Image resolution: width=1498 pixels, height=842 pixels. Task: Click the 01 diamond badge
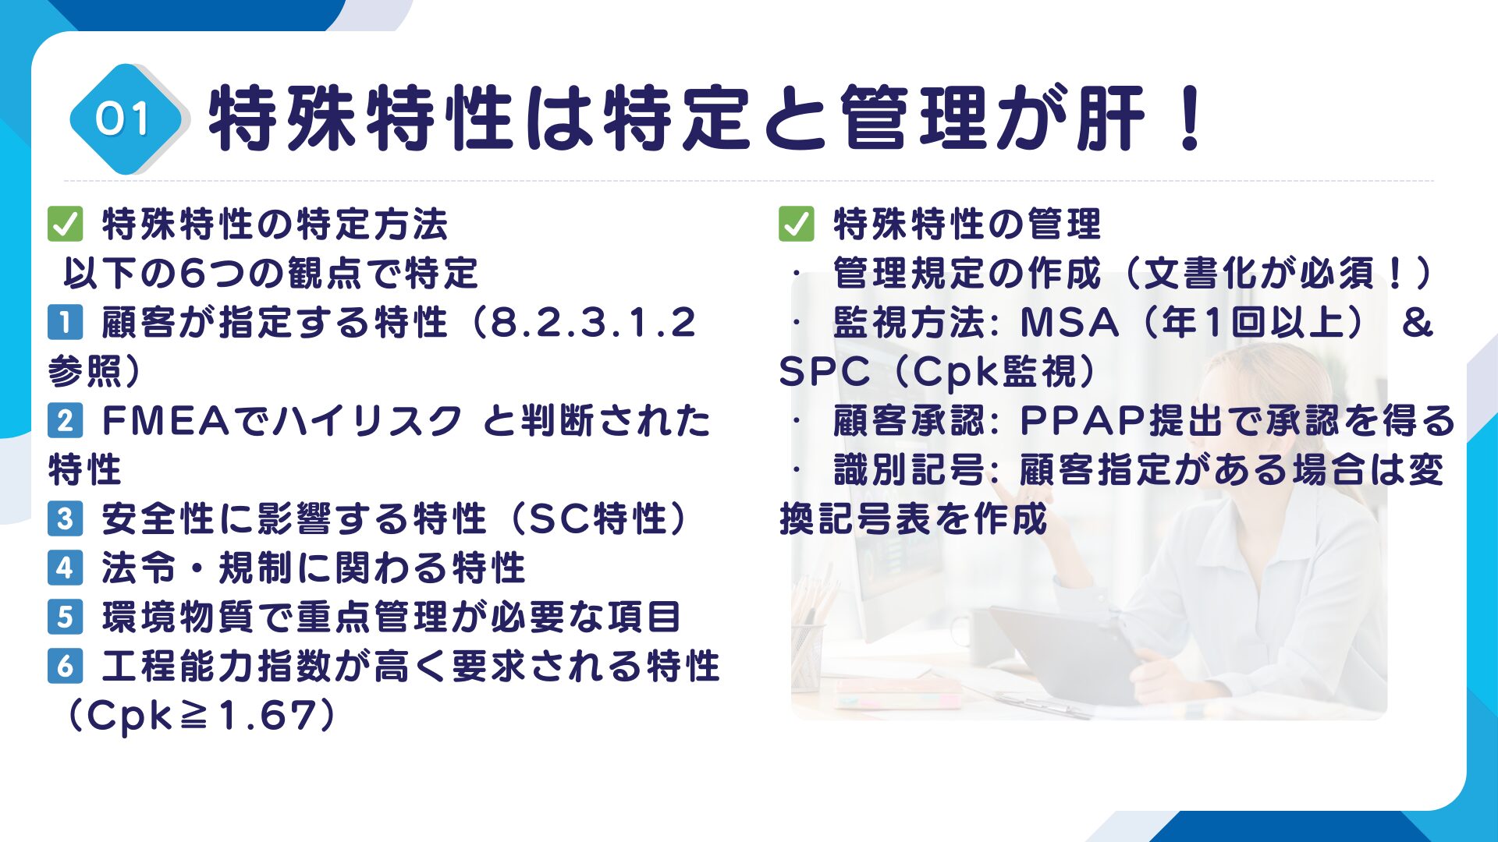point(125,119)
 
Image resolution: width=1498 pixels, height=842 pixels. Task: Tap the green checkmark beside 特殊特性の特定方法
point(65,225)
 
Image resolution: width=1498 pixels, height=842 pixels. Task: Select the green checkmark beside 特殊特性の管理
point(796,225)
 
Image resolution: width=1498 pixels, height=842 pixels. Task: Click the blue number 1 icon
point(65,323)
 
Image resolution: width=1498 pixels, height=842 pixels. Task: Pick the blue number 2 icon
point(65,421)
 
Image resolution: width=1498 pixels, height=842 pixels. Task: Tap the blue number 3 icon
point(65,519)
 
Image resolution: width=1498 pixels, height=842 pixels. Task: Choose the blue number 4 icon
point(65,568)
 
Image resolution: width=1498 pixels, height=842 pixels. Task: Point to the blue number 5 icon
point(65,617)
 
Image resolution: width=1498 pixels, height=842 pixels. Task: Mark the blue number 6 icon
point(65,667)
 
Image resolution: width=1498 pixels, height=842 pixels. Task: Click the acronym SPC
point(824,372)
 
